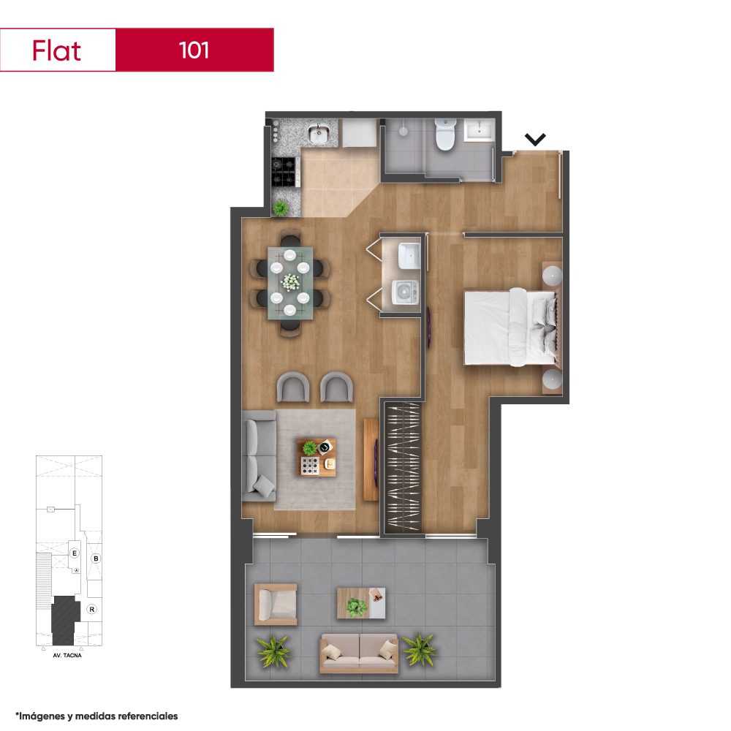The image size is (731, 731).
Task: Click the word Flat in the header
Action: pos(56,50)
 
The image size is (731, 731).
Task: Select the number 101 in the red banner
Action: pos(194,50)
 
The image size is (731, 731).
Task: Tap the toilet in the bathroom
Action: pos(444,135)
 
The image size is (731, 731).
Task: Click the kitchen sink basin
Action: pos(319,133)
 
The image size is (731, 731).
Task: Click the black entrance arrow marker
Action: pos(535,139)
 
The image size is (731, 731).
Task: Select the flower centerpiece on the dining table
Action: pos(290,281)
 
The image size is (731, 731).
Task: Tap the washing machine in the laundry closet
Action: pos(405,292)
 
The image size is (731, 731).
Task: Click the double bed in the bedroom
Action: pos(510,327)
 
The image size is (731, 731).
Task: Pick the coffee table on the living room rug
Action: pos(317,458)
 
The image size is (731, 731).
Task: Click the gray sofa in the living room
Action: pos(259,456)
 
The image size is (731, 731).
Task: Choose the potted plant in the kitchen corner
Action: pos(280,208)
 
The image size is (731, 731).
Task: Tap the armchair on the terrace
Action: pos(276,604)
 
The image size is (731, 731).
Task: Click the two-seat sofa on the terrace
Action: pos(358,653)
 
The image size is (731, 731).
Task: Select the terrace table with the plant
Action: pos(361,603)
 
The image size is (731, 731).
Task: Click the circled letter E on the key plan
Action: pos(74,553)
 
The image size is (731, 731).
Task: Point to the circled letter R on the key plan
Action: pos(92,610)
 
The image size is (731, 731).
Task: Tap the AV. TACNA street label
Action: pos(67,656)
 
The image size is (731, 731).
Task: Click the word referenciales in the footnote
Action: pos(148,716)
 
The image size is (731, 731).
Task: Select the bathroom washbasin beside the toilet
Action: pos(480,129)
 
